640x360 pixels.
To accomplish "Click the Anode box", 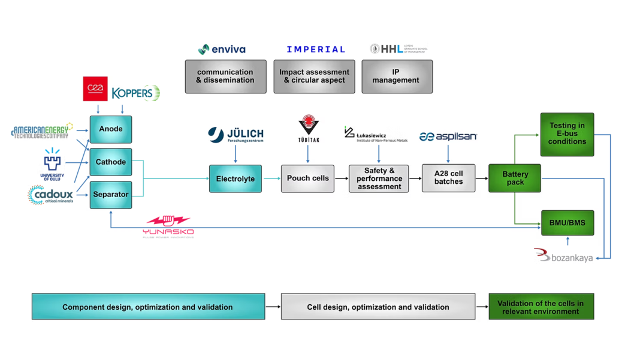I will [111, 129].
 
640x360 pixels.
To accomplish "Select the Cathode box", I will [111, 162].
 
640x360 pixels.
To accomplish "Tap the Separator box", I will [111, 195].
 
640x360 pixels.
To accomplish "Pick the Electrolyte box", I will [235, 179].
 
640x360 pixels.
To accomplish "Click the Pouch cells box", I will [307, 179].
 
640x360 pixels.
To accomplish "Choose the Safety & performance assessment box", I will [379, 179].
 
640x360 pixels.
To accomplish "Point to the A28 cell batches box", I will [448, 178].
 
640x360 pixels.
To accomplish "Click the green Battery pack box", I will [515, 178].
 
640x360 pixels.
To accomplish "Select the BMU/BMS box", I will [567, 223].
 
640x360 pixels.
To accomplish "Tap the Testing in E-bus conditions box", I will [567, 134].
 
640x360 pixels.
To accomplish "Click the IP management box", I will [397, 77].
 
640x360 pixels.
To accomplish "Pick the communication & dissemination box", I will [225, 77].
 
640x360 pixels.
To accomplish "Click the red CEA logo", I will [95, 89].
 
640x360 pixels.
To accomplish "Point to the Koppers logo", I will [136, 93].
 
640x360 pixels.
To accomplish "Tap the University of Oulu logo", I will [52, 165].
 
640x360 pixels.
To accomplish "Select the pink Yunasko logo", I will [168, 226].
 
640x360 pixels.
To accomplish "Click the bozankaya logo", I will [563, 256].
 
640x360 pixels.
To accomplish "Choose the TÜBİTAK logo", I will [309, 129].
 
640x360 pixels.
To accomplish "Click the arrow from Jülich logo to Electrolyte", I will [236, 153].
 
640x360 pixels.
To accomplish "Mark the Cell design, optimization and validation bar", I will [378, 307].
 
